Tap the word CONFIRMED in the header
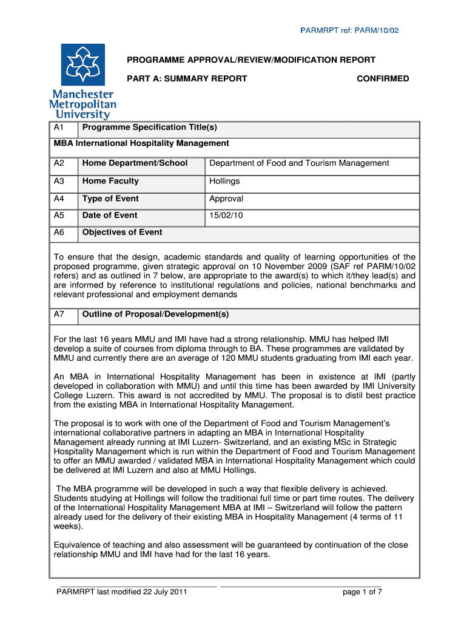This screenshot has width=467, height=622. point(383,78)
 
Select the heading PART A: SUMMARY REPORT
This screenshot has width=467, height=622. point(186,78)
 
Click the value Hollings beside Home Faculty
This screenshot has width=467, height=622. point(224,181)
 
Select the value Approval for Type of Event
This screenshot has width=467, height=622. point(226,199)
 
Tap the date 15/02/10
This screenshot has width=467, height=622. point(226,216)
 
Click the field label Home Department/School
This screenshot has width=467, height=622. point(135,163)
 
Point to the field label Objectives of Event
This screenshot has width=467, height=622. point(122,233)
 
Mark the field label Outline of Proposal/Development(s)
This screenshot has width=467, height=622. point(155,315)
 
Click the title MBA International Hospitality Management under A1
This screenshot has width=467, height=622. point(141,143)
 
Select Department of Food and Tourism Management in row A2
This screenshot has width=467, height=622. point(299,163)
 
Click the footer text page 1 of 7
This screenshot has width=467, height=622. point(362,592)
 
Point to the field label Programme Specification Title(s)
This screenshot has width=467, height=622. point(149,128)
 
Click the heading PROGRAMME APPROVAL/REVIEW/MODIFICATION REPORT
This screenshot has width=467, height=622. point(250,60)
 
